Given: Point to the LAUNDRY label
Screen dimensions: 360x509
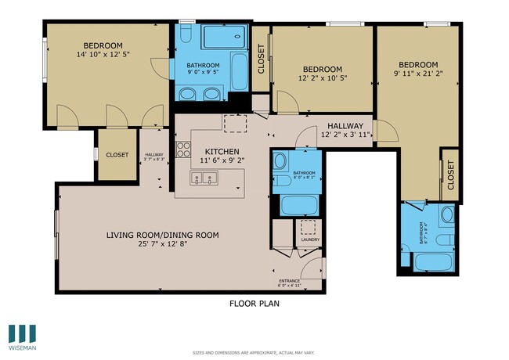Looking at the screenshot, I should pyautogui.click(x=310, y=239).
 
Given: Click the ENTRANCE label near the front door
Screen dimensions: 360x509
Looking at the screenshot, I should pyautogui.click(x=290, y=281).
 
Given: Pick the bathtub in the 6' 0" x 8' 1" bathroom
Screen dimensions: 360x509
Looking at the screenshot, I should pyautogui.click(x=298, y=206).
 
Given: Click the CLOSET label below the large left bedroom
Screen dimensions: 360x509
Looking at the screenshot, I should pyautogui.click(x=117, y=155).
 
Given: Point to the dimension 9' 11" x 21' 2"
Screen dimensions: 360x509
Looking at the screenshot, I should pyautogui.click(x=417, y=74).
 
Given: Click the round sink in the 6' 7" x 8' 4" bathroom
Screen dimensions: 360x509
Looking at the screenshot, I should pyautogui.click(x=447, y=214).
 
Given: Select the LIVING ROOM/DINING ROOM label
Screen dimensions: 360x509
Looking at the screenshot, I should pyautogui.click(x=162, y=235).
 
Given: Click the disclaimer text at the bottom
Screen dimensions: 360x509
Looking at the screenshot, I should pyautogui.click(x=254, y=353).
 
